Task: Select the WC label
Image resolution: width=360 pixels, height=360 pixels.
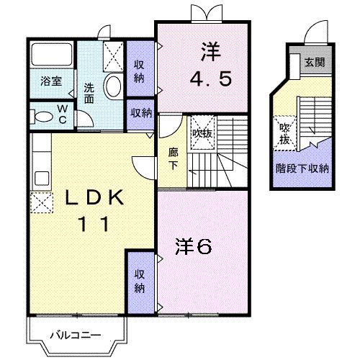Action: click(x=62, y=115)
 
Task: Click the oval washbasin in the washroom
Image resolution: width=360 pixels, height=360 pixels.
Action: click(x=113, y=88)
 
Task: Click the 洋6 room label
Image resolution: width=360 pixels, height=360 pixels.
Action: click(x=194, y=247)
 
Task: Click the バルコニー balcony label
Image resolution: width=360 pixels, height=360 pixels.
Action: click(x=75, y=334)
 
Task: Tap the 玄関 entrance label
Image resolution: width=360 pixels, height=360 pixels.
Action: click(x=314, y=63)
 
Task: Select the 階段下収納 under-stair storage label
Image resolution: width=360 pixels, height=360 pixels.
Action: click(x=303, y=170)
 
